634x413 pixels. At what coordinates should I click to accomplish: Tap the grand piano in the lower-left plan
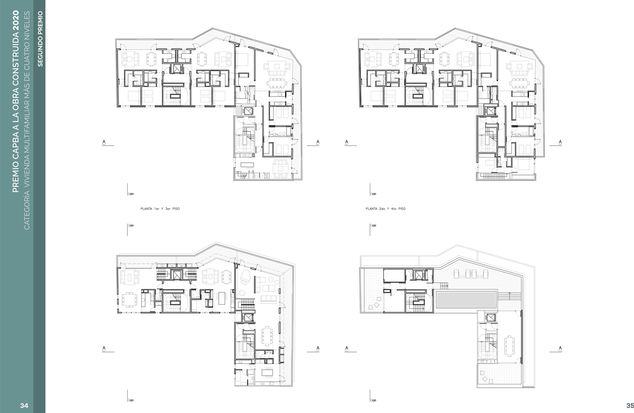pyautogui.click(x=245, y=277)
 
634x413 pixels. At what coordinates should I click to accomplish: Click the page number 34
pyautogui.click(x=25, y=405)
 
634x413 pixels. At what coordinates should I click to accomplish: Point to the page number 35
pyautogui.click(x=630, y=405)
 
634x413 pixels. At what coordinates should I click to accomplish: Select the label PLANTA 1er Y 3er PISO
pyautogui.click(x=160, y=209)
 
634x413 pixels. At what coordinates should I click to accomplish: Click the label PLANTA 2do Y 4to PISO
pyautogui.click(x=385, y=209)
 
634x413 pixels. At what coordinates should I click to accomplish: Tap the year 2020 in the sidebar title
pyautogui.click(x=16, y=20)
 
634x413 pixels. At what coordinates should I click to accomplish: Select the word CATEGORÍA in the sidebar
pyautogui.click(x=27, y=210)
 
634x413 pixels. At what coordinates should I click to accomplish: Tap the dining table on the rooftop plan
pyautogui.click(x=509, y=346)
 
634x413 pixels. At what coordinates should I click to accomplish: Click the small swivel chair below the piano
pyautogui.click(x=242, y=292)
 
